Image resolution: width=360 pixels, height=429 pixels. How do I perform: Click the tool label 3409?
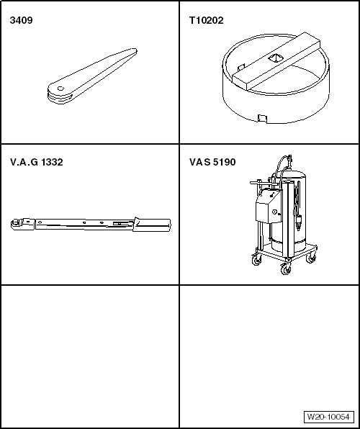(x=21, y=20)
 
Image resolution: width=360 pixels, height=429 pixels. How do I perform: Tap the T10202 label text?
(x=206, y=20)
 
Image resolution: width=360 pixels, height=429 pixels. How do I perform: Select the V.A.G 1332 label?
(x=37, y=162)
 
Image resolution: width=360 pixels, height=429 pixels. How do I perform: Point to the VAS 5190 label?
(x=212, y=162)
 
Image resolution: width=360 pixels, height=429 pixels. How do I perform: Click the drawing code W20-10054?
(x=328, y=417)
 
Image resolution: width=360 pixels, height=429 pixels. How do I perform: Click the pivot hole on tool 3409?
(x=60, y=89)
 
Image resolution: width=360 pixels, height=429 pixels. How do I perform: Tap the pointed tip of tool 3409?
(x=136, y=50)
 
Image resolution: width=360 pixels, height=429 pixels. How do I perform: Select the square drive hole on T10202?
(x=274, y=58)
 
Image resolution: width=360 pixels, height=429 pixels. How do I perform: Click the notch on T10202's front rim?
(x=262, y=119)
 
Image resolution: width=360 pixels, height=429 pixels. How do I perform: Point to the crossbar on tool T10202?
(x=276, y=60)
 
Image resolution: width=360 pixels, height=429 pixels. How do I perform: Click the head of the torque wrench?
(x=22, y=224)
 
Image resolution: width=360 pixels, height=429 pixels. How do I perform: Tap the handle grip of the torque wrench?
(x=152, y=225)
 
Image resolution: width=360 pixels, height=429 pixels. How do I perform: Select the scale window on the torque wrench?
(x=121, y=224)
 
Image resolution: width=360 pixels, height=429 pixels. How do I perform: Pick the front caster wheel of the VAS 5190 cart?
(x=286, y=269)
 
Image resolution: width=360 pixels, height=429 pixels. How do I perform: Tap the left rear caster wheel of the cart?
(x=256, y=260)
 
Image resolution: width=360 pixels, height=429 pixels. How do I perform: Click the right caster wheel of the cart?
(x=311, y=258)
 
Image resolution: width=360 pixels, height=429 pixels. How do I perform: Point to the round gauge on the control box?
(x=274, y=212)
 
